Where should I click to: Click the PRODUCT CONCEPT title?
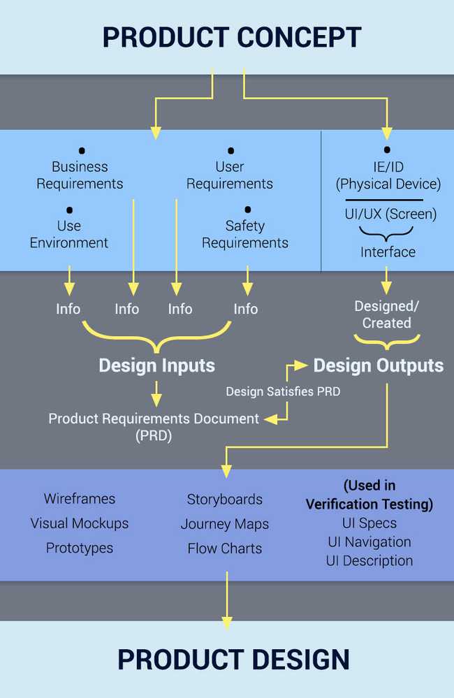pyautogui.click(x=232, y=36)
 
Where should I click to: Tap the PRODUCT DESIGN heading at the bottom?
pyautogui.click(x=233, y=660)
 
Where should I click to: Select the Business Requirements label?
pyautogui.click(x=80, y=175)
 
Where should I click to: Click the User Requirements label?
pyautogui.click(x=230, y=175)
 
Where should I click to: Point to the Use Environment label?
pyautogui.click(x=69, y=234)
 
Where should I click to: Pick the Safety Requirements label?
pyautogui.click(x=245, y=234)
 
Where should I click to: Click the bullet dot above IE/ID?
pyautogui.click(x=387, y=150)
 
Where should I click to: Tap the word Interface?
pyautogui.click(x=388, y=252)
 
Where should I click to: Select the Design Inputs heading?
pyautogui.click(x=156, y=365)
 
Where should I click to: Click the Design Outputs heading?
pyautogui.click(x=378, y=365)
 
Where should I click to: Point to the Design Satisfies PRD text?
pyautogui.click(x=283, y=392)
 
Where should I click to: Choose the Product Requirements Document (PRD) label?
pyautogui.click(x=154, y=426)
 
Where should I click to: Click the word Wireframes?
pyautogui.click(x=80, y=499)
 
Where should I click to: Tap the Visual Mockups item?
pyautogui.click(x=80, y=523)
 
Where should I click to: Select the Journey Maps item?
pyautogui.click(x=225, y=524)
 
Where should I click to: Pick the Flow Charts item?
pyautogui.click(x=225, y=548)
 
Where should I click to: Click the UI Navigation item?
pyautogui.click(x=369, y=541)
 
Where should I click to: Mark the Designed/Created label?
pyautogui.click(x=386, y=314)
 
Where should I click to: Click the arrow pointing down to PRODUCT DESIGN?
pyautogui.click(x=226, y=601)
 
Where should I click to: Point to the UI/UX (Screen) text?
pyautogui.click(x=390, y=214)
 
